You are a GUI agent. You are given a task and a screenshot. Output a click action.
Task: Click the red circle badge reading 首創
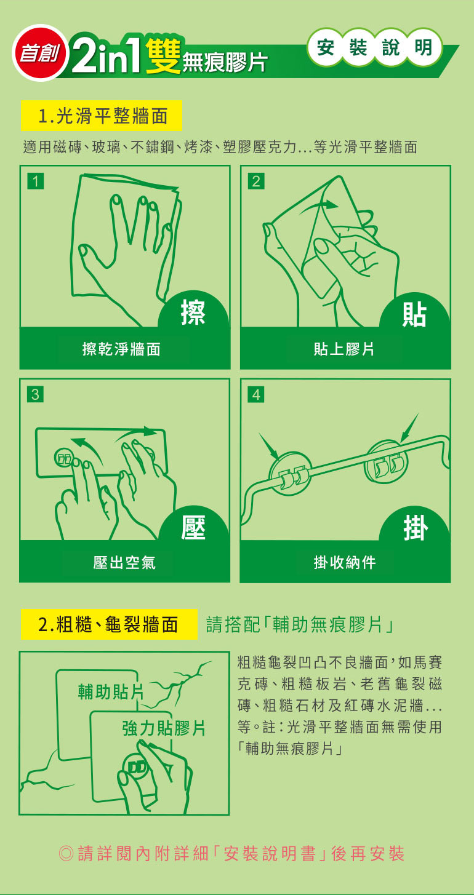41,53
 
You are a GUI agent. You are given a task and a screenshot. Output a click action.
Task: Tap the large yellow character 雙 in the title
163,56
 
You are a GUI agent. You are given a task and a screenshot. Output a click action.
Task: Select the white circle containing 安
326,47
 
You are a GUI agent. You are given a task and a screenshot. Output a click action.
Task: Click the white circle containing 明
423,47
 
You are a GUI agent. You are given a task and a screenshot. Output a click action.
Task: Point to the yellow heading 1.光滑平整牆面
102,116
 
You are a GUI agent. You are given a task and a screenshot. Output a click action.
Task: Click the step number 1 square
36,181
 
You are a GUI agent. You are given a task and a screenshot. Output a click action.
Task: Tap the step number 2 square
256,181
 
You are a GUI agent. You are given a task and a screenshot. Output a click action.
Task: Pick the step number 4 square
256,394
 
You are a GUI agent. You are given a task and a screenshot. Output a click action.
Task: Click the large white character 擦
193,313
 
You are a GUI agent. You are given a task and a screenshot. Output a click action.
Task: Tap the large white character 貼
414,314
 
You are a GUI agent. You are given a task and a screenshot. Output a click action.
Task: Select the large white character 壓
193,527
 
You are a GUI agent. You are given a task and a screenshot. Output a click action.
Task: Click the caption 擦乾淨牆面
121,349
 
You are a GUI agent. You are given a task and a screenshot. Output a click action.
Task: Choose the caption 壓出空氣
124,563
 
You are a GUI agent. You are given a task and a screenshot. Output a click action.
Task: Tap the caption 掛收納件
345,563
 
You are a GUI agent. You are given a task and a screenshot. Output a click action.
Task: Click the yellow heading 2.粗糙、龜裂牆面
109,624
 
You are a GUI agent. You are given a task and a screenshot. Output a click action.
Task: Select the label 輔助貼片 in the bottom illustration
111,691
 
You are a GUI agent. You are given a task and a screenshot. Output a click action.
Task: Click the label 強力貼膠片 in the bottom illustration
164,728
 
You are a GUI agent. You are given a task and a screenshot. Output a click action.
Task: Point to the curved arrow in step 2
319,207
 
